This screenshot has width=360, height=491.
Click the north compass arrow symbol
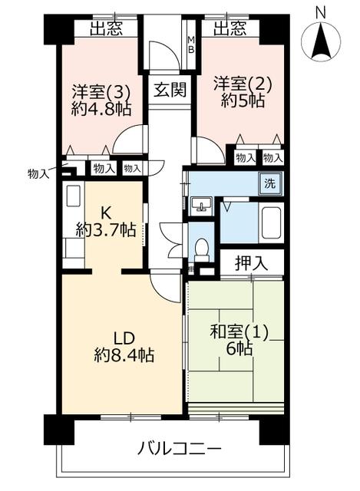pos(321,42)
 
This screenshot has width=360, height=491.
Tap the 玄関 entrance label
pos(170,91)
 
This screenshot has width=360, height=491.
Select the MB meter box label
pos(191,44)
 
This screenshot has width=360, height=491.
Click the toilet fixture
pos(201,250)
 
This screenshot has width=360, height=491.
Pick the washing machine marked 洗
pos(270,183)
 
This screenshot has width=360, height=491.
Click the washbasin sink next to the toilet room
pos(201,206)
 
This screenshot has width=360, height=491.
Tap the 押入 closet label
pos(252,262)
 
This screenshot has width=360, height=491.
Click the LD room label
pos(124,339)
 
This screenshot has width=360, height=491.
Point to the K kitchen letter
pos(106,214)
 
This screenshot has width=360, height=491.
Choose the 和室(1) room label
pos(239,332)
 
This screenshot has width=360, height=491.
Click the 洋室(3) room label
pos(101,92)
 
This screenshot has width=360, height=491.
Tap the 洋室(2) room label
pos(243,84)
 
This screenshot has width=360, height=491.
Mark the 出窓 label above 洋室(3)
pos(106,29)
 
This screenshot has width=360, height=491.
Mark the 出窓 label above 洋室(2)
pos(230,29)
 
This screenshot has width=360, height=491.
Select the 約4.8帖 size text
pos(101,109)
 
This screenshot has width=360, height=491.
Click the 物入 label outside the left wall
pos(38,173)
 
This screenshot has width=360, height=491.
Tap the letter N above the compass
pos(321,13)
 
